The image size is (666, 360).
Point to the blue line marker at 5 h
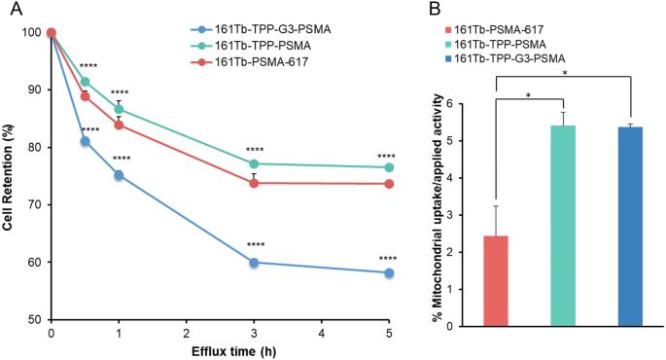(x=389, y=273)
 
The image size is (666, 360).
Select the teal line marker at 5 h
(x=389, y=167)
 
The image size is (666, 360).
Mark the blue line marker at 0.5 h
(x=86, y=141)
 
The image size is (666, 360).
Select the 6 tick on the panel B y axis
(x=449, y=97)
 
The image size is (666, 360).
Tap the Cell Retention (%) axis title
(x=10, y=175)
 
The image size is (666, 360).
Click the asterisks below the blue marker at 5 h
(x=386, y=258)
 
